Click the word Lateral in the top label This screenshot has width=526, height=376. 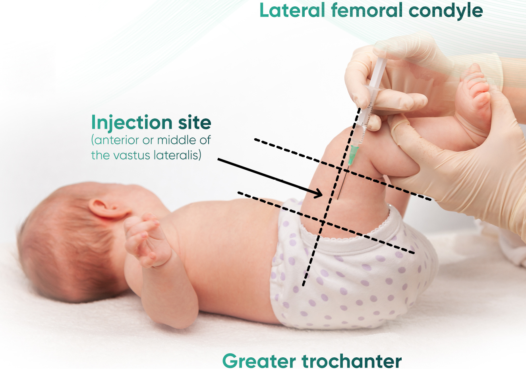pos(292,11)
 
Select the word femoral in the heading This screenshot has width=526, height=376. pos(367,10)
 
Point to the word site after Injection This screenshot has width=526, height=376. pos(195,122)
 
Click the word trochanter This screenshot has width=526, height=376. pos(352,361)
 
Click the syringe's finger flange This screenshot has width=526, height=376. pos(373,89)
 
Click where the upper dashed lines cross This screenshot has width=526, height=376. pos(340,169)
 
